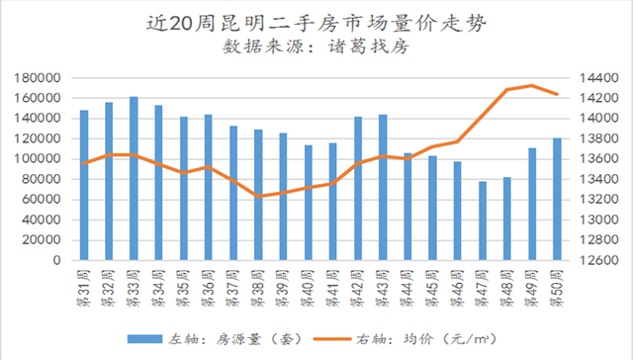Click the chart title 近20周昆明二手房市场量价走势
(x=316, y=21)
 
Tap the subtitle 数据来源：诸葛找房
(x=316, y=46)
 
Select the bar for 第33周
(x=134, y=178)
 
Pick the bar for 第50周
(x=557, y=198)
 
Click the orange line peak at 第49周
(x=532, y=85)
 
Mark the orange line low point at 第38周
(x=258, y=196)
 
